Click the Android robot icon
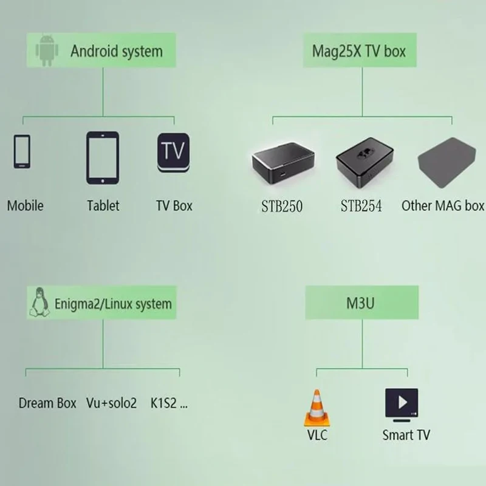(47, 50)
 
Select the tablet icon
(102, 158)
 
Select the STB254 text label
(361, 206)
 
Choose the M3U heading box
(361, 303)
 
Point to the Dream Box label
(47, 403)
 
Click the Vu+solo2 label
(112, 403)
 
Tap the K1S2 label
(168, 403)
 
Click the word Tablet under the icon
(103, 205)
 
